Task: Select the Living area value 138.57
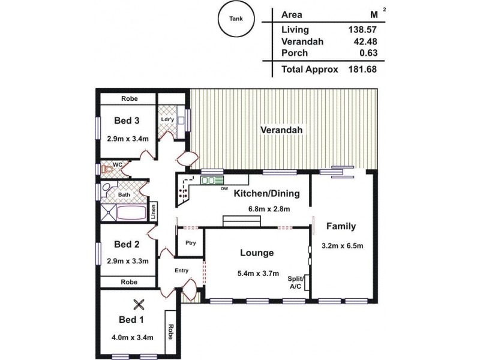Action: point(366,29)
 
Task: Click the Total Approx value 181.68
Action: point(366,69)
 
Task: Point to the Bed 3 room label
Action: point(127,121)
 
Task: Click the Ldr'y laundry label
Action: point(168,119)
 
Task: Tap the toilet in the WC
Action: point(109,170)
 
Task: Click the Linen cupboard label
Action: point(154,211)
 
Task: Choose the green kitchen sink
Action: point(212,179)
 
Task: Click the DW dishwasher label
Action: point(224,189)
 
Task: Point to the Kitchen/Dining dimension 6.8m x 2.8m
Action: point(269,209)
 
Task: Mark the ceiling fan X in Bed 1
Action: point(139,305)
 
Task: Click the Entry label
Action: point(181,271)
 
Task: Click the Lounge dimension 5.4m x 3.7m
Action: point(258,274)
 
